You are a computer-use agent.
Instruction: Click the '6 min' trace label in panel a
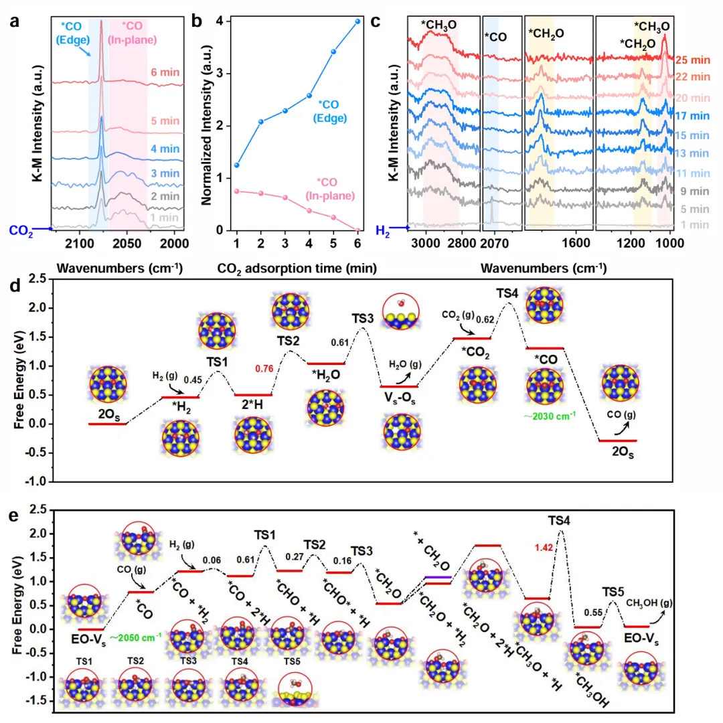point(165,72)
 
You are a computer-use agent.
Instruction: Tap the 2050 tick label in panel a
point(127,243)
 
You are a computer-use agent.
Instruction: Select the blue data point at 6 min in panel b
point(357,21)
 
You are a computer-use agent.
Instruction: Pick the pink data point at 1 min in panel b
point(237,191)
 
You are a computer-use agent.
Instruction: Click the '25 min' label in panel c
point(693,60)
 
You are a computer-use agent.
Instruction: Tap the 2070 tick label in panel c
point(494,243)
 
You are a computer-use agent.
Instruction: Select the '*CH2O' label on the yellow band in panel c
point(546,33)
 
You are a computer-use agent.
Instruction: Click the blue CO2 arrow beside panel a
point(42,228)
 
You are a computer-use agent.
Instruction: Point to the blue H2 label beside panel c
point(383,230)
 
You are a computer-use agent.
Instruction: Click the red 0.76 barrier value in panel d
point(264,368)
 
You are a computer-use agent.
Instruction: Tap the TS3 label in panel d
point(362,319)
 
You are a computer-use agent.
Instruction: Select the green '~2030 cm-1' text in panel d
point(550,416)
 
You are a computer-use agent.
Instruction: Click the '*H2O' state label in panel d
point(327,375)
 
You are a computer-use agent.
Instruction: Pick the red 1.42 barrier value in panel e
point(544,548)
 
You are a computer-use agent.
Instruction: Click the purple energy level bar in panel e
point(438,577)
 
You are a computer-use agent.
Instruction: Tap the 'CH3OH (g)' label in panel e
point(649,603)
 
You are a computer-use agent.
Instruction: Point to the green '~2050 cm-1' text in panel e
point(136,638)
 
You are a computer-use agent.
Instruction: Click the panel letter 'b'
point(196,21)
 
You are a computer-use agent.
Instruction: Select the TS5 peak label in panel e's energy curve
point(613,592)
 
